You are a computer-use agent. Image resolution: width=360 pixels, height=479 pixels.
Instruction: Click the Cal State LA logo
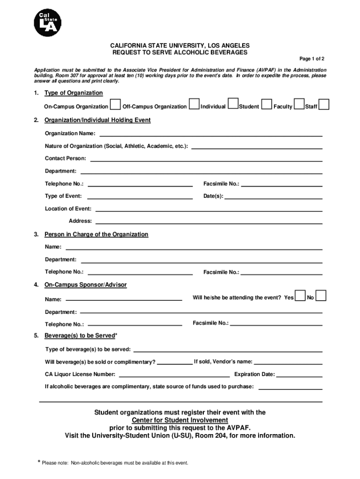click(x=47, y=23)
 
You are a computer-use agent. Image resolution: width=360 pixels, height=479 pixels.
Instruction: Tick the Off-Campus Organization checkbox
click(x=194, y=105)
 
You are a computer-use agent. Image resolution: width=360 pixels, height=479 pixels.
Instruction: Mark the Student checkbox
click(x=266, y=105)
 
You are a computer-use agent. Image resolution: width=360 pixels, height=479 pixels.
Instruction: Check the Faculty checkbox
click(x=299, y=105)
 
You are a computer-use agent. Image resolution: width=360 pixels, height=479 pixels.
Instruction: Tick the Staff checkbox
click(x=324, y=105)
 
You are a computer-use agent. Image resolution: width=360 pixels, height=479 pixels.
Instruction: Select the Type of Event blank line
click(x=140, y=197)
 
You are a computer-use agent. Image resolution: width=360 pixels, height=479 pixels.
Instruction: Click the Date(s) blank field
click(x=274, y=197)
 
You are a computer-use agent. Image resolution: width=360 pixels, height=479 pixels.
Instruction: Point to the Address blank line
click(x=209, y=222)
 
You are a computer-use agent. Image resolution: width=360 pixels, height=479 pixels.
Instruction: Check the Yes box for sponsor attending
click(x=300, y=296)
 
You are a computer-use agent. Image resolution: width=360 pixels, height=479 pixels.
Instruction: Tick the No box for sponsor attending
click(x=321, y=296)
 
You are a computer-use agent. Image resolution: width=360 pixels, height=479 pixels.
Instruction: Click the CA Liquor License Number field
click(x=174, y=375)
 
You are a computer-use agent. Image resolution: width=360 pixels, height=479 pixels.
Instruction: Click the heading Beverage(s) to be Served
click(x=79, y=336)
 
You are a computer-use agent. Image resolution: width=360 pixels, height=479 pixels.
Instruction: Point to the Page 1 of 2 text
click(x=312, y=59)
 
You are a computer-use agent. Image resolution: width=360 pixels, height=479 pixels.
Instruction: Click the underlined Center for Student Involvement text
click(x=180, y=420)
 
